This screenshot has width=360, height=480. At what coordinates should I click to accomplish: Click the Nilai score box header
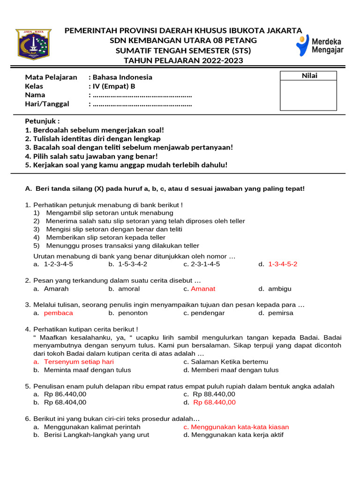[308, 76]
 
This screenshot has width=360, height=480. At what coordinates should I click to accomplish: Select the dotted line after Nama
[142, 95]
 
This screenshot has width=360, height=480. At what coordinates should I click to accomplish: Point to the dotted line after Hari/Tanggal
[142, 104]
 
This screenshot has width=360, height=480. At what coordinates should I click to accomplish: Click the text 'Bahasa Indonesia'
[122, 77]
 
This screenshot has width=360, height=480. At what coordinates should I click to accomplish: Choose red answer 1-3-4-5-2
[283, 264]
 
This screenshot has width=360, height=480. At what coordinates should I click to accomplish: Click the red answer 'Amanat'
[203, 289]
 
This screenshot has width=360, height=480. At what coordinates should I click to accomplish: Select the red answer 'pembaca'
[58, 313]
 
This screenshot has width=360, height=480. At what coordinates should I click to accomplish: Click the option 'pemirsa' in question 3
[281, 313]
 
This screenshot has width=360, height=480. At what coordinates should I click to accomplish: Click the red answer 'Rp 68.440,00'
[214, 402]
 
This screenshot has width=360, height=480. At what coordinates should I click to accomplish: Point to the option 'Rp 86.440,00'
[65, 394]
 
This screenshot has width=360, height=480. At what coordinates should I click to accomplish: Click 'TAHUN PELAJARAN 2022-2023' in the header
[183, 60]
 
